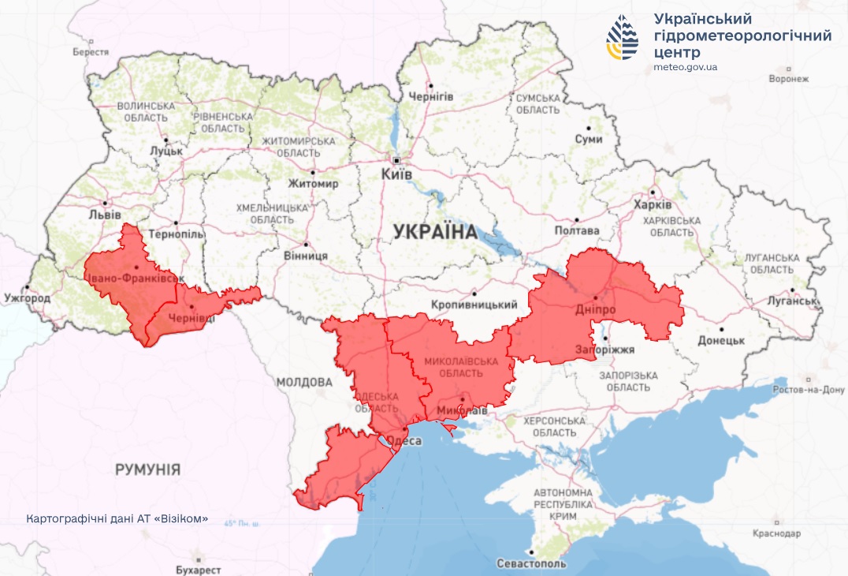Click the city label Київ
[396, 174]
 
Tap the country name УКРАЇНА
[435, 232]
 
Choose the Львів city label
[105, 215]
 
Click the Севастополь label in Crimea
[531, 564]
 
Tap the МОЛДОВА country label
[304, 382]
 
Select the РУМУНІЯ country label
[147, 469]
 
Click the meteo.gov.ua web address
[685, 67]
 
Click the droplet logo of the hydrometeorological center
[622, 38]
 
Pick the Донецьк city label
[720, 340]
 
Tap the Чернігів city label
[430, 96]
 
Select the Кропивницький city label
[474, 305]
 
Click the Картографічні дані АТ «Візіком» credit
[117, 518]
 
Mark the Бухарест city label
[199, 569]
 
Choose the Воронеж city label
[788, 78]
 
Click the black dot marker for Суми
[588, 127]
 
